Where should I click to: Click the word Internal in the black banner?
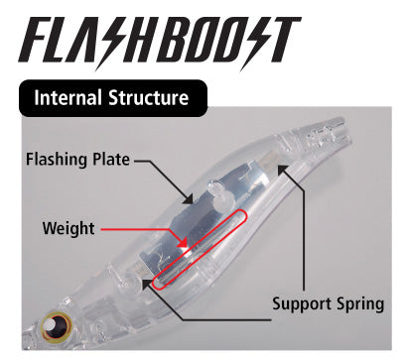coord(68,98)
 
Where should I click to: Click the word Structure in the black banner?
coord(149,98)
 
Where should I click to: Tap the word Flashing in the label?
coord(57,160)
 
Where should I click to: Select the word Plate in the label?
coord(111,159)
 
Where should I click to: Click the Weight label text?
coord(68,229)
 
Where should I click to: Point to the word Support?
coord(302,304)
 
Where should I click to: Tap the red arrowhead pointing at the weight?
coord(183,243)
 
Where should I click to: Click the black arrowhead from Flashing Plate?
coord(188,198)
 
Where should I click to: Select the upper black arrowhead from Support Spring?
coord(282,170)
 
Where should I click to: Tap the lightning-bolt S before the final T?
coord(255,42)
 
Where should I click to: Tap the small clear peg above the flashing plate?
coord(216,191)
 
